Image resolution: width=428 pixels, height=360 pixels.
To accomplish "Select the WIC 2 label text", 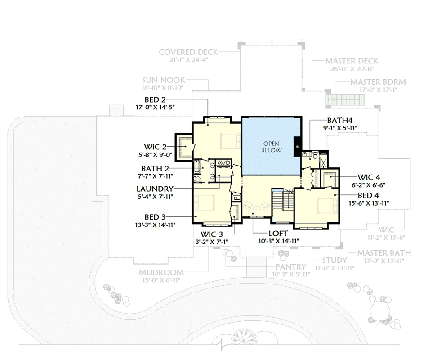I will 155,147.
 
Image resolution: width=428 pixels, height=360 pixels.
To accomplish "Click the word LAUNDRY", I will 155,189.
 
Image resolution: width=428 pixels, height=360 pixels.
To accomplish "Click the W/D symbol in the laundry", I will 223,162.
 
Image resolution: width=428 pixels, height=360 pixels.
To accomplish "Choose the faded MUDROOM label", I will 161,272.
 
